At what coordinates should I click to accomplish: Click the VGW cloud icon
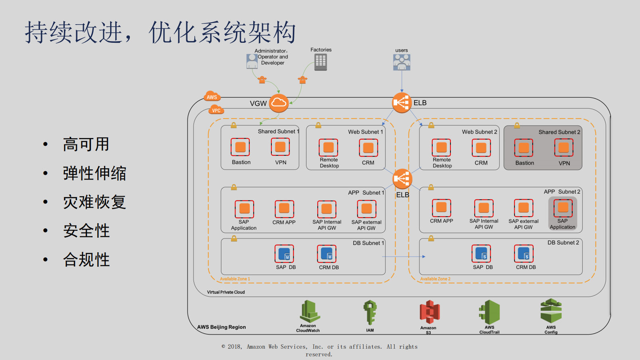tap(279, 103)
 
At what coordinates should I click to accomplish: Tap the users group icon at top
tap(402, 62)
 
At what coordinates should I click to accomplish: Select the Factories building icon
tap(321, 62)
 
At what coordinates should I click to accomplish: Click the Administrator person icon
tap(252, 61)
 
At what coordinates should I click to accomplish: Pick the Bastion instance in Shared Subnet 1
tap(240, 147)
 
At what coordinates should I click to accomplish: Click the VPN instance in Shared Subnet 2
tap(564, 148)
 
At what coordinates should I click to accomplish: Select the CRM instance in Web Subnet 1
tap(368, 148)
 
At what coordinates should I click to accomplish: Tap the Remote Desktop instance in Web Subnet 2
tap(442, 148)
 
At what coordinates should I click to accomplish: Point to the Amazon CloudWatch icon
tap(310, 312)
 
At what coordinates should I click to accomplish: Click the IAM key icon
tap(370, 312)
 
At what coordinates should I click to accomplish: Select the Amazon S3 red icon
tap(429, 312)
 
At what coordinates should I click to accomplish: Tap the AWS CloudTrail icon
tap(490, 312)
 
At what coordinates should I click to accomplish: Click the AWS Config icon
tap(551, 311)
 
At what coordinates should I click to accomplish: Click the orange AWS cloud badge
tap(212, 96)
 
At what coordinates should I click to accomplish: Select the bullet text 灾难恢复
tap(95, 202)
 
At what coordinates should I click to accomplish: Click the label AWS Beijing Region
tap(221, 327)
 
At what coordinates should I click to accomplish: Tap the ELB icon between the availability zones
tap(402, 179)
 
